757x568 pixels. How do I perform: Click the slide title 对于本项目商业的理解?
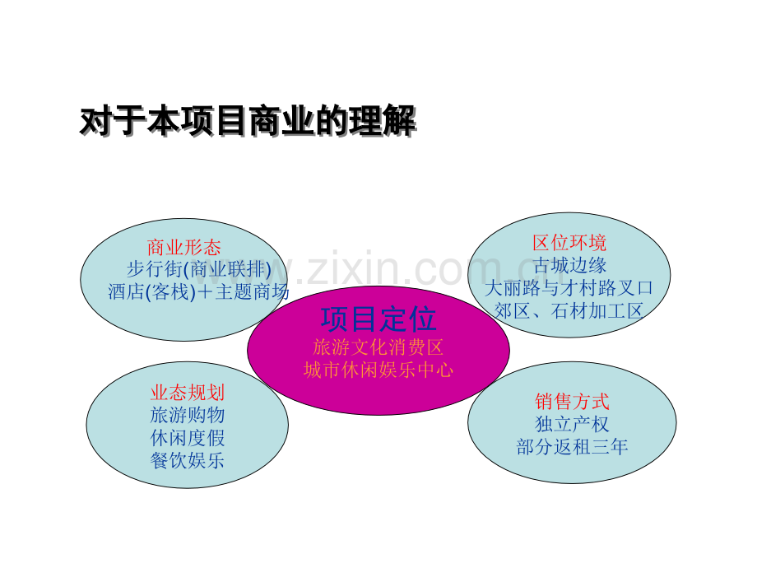click(248, 121)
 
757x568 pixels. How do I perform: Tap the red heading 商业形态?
click(184, 248)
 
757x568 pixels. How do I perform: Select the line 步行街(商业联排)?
click(199, 269)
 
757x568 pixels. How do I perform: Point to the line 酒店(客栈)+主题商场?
click(198, 291)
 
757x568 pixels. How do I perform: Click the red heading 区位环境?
click(569, 243)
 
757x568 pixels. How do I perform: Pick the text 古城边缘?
click(569, 265)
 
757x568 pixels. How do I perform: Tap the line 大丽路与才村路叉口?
click(569, 288)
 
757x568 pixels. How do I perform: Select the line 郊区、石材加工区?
click(569, 311)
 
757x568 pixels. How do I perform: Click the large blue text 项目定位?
click(378, 319)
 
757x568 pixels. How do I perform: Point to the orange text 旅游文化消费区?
click(378, 347)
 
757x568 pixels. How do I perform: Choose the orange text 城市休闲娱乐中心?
click(378, 370)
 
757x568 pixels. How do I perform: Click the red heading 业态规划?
click(188, 393)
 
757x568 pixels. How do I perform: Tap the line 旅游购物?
click(188, 416)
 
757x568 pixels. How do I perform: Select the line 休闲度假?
click(188, 438)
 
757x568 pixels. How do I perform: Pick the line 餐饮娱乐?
click(188, 460)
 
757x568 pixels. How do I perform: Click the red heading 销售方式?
click(572, 402)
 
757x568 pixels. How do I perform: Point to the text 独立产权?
click(572, 424)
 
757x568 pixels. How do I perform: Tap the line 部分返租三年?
click(572, 447)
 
